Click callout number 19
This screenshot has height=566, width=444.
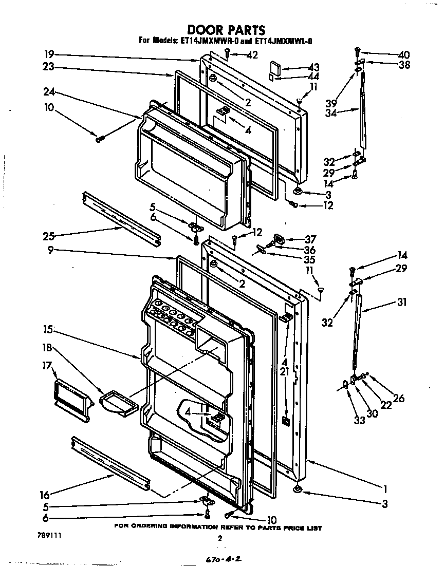[49, 54]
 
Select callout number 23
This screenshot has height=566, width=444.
[49, 67]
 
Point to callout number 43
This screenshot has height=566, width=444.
[313, 67]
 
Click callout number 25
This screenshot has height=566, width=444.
[48, 237]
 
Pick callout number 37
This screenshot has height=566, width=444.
[310, 239]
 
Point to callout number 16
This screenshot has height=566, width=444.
[45, 495]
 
